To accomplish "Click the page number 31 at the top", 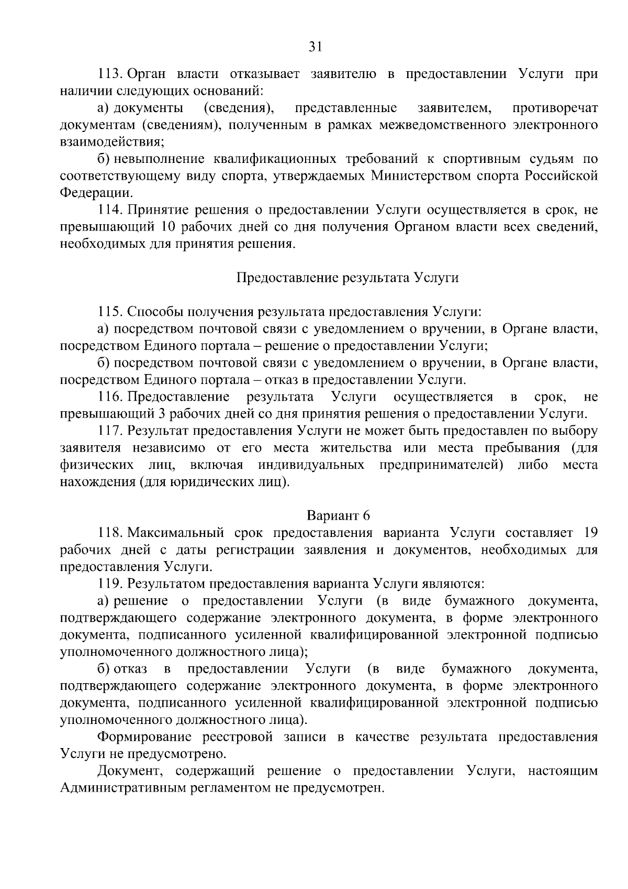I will [314, 47].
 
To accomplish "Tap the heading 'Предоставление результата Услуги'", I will [348, 278].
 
